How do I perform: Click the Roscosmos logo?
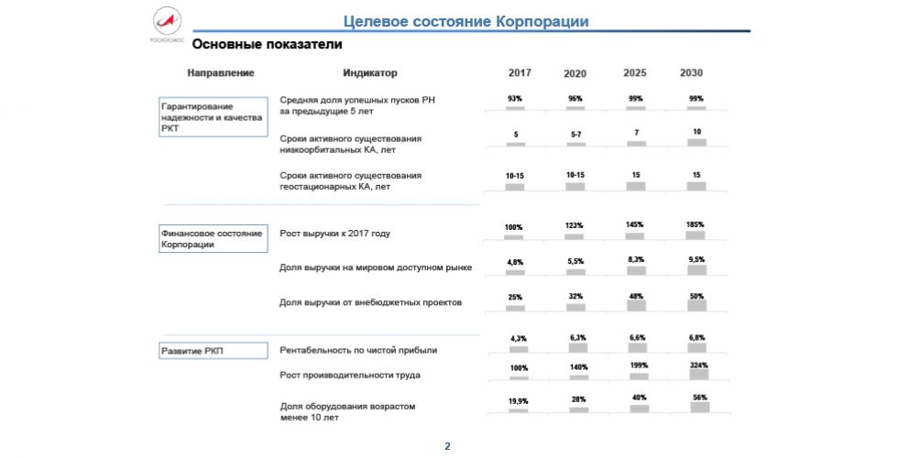pos(167,24)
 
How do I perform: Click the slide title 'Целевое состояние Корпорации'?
pos(465,21)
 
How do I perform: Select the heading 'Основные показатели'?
pos(254,44)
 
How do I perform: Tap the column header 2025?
pos(636,73)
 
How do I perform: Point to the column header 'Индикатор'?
pos(370,73)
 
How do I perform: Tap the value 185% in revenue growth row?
pos(697,224)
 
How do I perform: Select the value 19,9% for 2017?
pos(518,400)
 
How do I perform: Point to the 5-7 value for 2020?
pos(575,135)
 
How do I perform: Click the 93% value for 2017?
pos(515,98)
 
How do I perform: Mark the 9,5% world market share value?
pos(697,260)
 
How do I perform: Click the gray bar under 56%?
pos(698,408)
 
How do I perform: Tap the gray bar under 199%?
pos(638,376)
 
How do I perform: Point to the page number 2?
pos(448,446)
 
